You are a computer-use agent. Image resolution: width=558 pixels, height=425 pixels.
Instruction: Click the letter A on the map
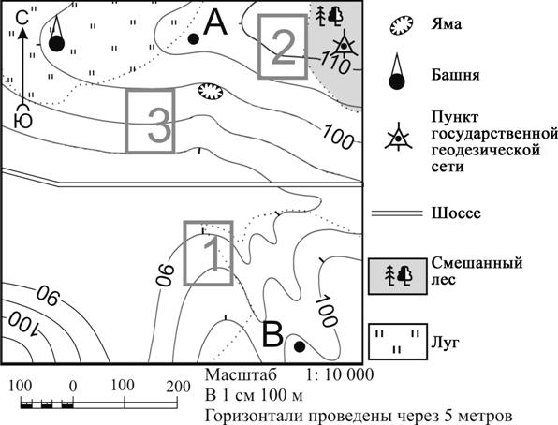pos(215,22)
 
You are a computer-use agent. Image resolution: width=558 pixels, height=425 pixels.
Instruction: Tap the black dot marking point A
pos(193,38)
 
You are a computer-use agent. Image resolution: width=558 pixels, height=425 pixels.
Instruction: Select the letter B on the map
pos(272,334)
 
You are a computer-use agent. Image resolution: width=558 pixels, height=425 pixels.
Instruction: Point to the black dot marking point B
pos(300,346)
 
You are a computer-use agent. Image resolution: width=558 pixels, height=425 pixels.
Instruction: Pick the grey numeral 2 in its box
pos(284,48)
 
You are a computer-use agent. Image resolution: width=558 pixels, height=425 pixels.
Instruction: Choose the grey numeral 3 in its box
pos(159,125)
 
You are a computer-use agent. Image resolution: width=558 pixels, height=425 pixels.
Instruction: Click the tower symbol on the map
pos(56,35)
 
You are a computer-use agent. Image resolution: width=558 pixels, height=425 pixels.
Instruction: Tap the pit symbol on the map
pos(210,92)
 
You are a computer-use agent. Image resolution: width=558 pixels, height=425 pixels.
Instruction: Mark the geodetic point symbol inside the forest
pos(344,45)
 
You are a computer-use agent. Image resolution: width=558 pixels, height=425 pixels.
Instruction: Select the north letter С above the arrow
pos(22,18)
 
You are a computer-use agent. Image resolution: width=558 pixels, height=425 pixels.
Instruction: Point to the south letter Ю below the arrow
pos(22,121)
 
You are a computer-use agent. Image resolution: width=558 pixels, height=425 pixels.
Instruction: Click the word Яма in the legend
pos(447,24)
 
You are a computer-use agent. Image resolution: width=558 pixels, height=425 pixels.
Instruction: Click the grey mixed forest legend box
pos(398,276)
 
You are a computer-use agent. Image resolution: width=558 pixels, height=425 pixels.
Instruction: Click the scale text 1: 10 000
pos(340,374)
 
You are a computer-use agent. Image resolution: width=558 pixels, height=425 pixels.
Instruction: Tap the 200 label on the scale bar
pos(177,387)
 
